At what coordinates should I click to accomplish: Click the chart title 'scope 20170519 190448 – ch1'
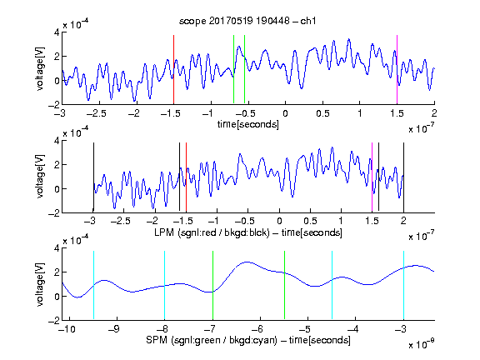click(x=247, y=21)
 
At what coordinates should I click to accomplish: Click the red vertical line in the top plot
click(x=173, y=69)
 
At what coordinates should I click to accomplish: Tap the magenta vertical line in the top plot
click(x=397, y=69)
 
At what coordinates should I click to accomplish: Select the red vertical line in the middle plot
click(x=186, y=177)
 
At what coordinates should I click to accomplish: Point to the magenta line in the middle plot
click(x=372, y=177)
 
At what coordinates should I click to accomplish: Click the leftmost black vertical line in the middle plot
click(x=93, y=177)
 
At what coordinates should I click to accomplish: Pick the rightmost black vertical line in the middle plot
click(x=403, y=177)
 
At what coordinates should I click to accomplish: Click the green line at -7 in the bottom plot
click(x=212, y=285)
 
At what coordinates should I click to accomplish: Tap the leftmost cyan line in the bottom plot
click(x=93, y=285)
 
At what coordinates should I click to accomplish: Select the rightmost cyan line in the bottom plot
click(x=403, y=285)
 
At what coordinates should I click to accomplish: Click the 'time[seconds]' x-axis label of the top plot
click(x=248, y=124)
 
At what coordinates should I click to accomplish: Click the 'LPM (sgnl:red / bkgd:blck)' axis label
click(x=212, y=232)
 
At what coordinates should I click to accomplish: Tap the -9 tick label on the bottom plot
click(x=114, y=329)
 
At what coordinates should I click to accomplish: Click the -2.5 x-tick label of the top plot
click(x=96, y=113)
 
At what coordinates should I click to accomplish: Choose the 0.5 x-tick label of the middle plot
click(x=310, y=221)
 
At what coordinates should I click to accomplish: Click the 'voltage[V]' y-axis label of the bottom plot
click(x=40, y=284)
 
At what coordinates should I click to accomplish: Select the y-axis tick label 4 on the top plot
click(x=57, y=32)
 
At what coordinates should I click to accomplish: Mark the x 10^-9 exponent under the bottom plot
click(x=421, y=344)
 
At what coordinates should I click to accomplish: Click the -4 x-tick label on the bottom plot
click(x=352, y=329)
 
